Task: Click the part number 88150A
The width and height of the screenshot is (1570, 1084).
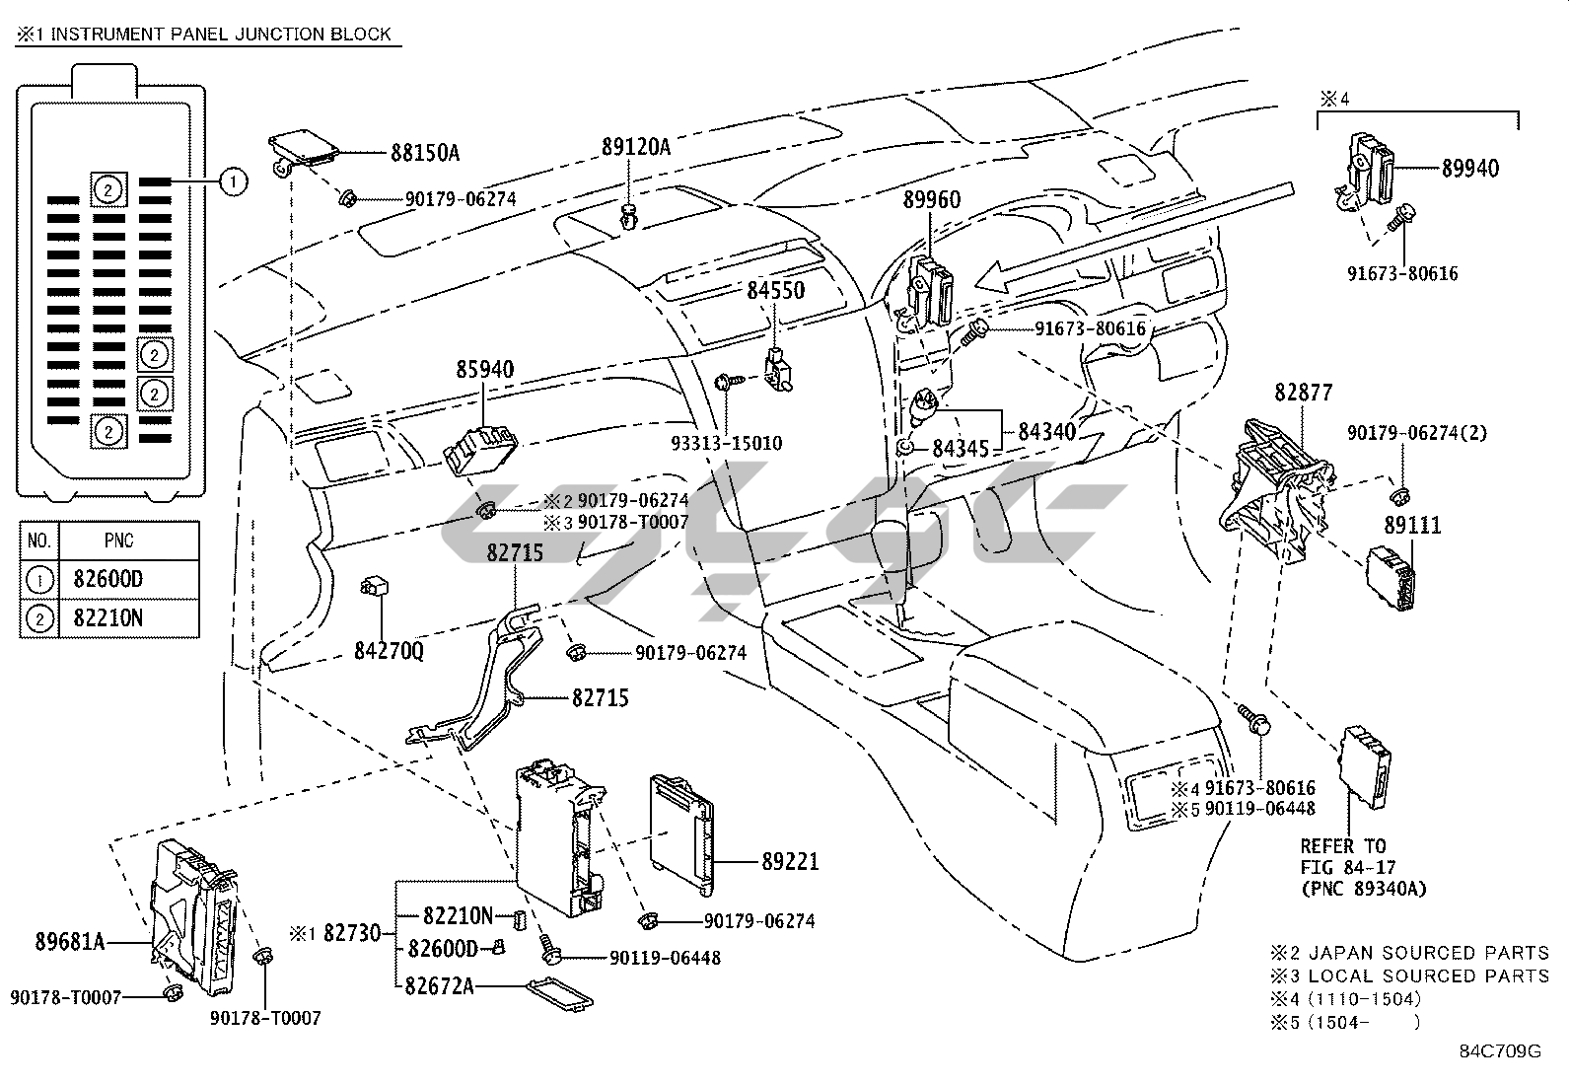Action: pos(425,153)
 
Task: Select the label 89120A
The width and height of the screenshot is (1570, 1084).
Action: pos(635,147)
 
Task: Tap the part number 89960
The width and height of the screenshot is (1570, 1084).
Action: pos(932,200)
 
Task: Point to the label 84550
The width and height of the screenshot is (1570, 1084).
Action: pos(775,291)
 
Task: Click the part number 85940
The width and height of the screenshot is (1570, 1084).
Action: pos(484,370)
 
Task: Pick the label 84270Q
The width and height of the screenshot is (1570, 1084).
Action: pos(389,651)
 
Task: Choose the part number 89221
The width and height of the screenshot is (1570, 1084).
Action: pos(790,862)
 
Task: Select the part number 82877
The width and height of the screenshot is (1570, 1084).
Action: pos(1303,393)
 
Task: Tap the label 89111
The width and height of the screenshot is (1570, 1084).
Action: pos(1412,526)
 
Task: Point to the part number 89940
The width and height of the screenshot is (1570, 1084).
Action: pos(1469,169)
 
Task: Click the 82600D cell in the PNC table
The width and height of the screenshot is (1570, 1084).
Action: pos(107,579)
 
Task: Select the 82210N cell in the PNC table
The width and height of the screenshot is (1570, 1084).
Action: pos(107,619)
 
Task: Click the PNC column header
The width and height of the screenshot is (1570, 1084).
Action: pos(118,541)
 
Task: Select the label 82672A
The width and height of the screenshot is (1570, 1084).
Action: pos(441,984)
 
